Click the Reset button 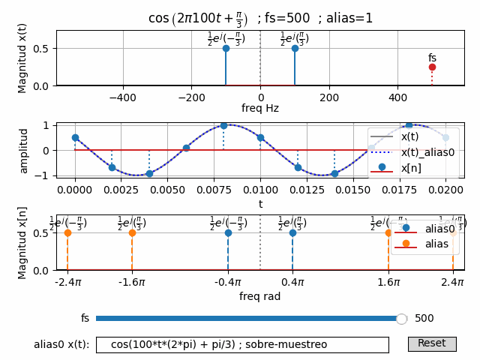click(x=431, y=343)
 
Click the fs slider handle click(x=401, y=319)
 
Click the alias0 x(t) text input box click(x=242, y=344)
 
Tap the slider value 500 click(x=424, y=319)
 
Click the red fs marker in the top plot click(x=432, y=67)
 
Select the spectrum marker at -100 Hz click(x=226, y=48)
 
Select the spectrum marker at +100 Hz click(x=295, y=48)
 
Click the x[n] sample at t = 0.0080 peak click(x=223, y=125)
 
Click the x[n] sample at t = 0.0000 click(x=75, y=137)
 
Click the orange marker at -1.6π click(x=132, y=232)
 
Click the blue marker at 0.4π click(x=292, y=232)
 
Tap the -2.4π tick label click(x=67, y=282)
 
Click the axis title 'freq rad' click(x=260, y=296)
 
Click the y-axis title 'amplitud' click(x=24, y=150)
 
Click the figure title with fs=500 click(x=260, y=18)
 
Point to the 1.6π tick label click(x=388, y=282)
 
